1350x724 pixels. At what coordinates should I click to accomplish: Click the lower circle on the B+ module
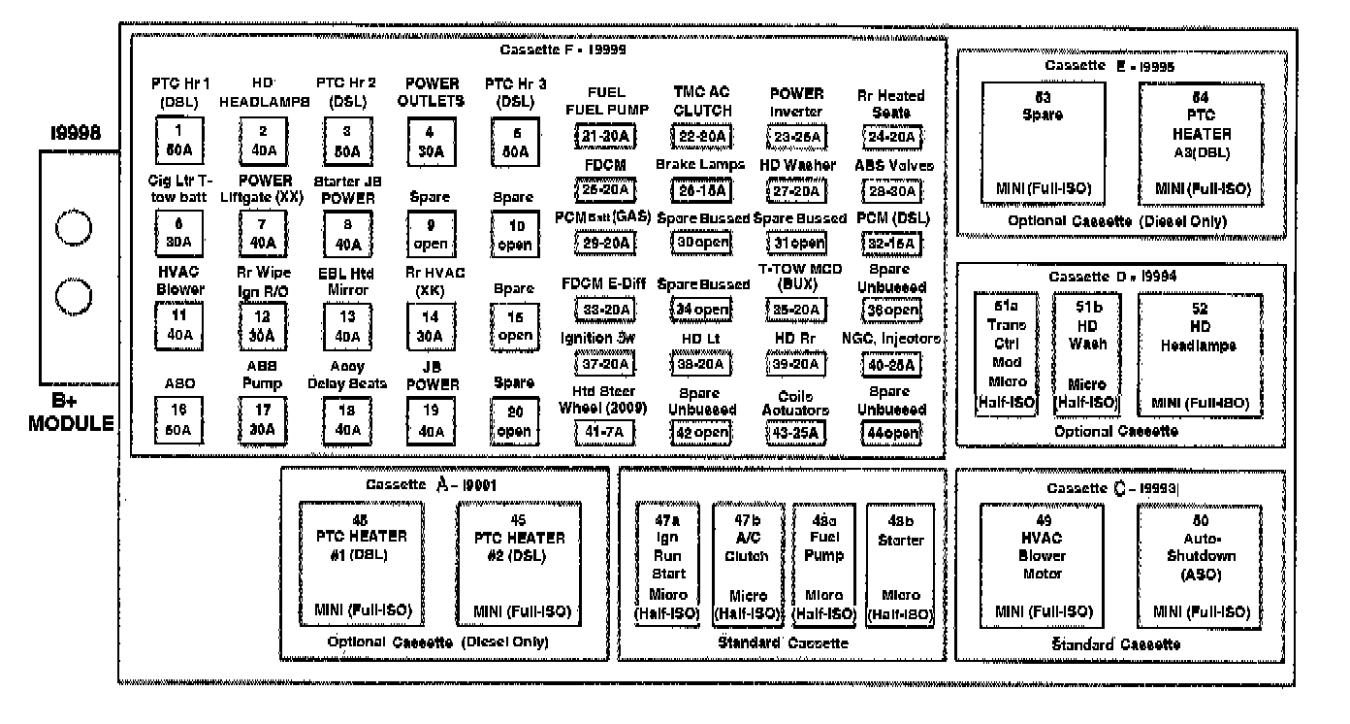point(72,296)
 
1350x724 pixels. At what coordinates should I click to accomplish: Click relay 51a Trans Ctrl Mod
point(1006,353)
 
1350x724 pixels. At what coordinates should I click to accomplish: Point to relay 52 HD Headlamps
point(1201,353)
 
